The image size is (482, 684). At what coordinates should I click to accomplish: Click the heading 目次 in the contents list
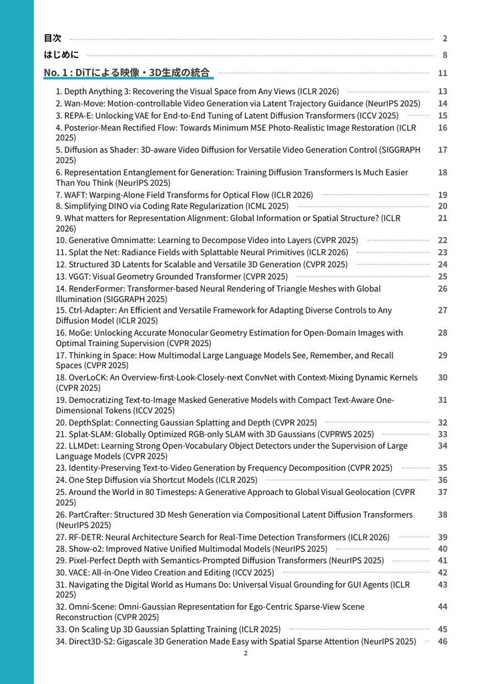click(x=53, y=38)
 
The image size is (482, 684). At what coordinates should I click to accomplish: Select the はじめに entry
click(x=61, y=55)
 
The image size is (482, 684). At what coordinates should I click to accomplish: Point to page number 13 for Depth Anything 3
click(x=443, y=92)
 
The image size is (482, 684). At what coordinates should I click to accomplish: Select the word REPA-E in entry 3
click(x=78, y=116)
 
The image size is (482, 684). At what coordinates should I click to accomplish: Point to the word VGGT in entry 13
click(x=81, y=277)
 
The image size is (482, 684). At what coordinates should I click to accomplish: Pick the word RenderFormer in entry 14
click(x=96, y=289)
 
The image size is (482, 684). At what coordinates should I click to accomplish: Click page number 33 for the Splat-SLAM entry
click(x=443, y=434)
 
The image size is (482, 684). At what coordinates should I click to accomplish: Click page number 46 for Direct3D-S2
click(x=443, y=641)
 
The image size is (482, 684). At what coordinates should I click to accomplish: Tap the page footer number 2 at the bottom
click(x=246, y=653)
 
